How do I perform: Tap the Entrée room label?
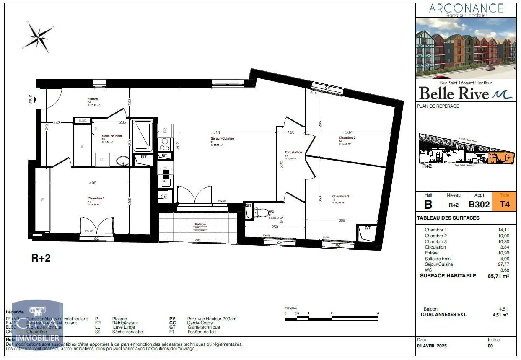[x=93, y=99]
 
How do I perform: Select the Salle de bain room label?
[x=111, y=136]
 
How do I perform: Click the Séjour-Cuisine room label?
[x=222, y=138]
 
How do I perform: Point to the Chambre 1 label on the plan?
[x=96, y=198]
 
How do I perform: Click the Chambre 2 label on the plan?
[x=347, y=137]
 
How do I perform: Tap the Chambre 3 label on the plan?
[x=340, y=196]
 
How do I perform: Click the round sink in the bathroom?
[x=123, y=161]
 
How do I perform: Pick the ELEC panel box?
[x=82, y=121]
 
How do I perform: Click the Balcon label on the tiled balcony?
[x=200, y=225]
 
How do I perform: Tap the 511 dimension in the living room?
[x=216, y=132]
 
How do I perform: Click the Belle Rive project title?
[x=454, y=93]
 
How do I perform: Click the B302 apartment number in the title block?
[x=479, y=205]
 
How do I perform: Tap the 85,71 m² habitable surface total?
[x=498, y=276]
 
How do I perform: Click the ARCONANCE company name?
[x=466, y=8]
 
